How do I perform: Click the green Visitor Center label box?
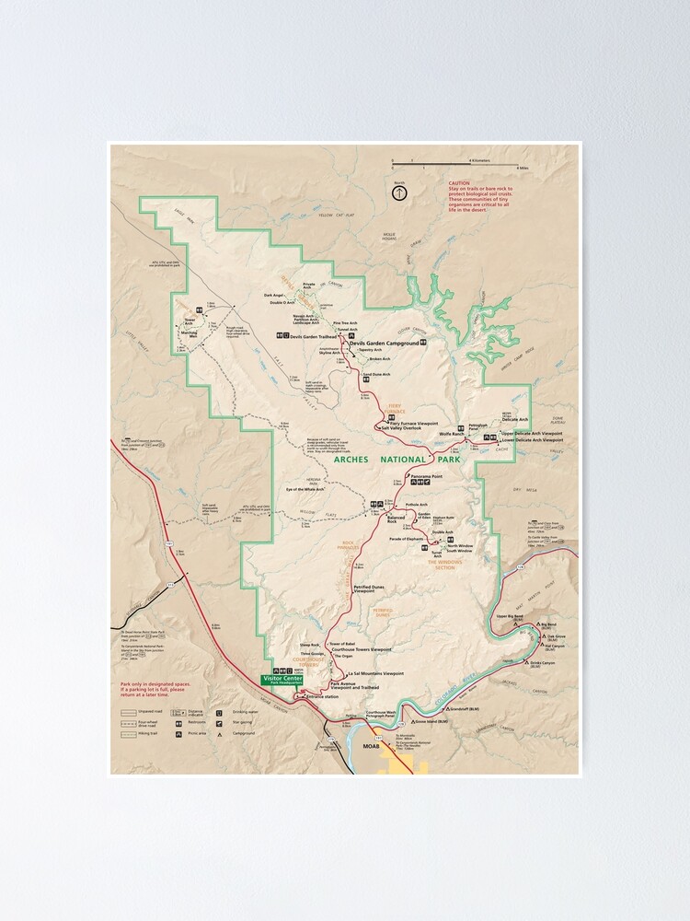pyautogui.click(x=283, y=679)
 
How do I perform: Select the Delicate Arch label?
pyautogui.click(x=515, y=420)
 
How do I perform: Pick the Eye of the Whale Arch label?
pyautogui.click(x=307, y=488)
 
